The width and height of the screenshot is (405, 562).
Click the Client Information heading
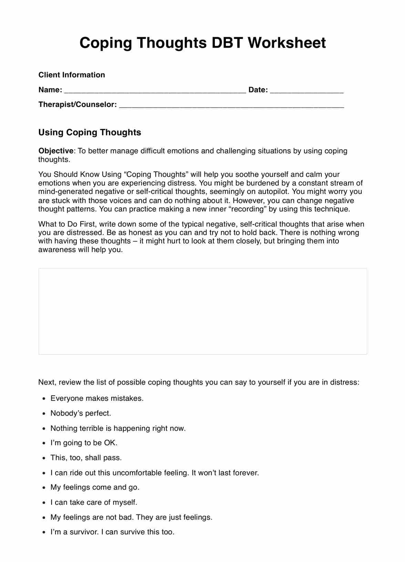[72, 75]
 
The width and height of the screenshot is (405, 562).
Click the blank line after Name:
[155, 91]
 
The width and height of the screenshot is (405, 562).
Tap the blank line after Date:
[307, 91]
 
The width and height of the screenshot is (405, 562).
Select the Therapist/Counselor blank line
[231, 106]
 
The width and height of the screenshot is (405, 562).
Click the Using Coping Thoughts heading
[90, 132]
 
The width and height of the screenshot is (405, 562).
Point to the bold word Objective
[56, 151]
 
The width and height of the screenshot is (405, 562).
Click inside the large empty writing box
[202, 311]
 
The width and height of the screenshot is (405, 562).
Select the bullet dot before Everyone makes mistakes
[44, 399]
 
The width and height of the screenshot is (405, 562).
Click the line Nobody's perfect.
[81, 413]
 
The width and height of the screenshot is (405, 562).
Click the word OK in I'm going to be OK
[110, 443]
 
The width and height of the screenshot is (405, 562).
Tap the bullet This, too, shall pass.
[86, 458]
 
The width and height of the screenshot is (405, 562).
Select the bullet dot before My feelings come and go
[44, 488]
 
